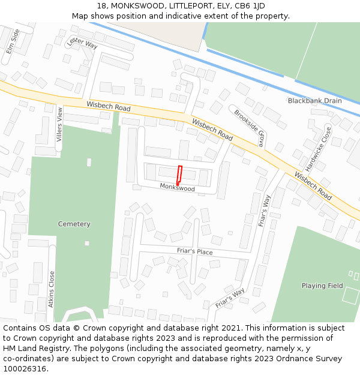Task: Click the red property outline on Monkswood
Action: (179, 175)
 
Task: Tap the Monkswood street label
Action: (178, 188)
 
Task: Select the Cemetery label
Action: (74, 224)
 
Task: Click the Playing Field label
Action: (322, 286)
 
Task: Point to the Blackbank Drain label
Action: (314, 101)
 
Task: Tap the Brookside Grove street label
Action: (250, 128)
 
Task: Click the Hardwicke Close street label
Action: (318, 149)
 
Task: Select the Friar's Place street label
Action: (194, 252)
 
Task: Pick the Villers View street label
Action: (59, 124)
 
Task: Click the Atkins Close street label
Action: (52, 289)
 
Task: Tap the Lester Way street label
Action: (83, 43)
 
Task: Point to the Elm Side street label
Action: (13, 41)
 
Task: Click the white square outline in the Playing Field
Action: (350, 295)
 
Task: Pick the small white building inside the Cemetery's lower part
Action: (87, 243)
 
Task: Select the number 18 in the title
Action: (100, 6)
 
